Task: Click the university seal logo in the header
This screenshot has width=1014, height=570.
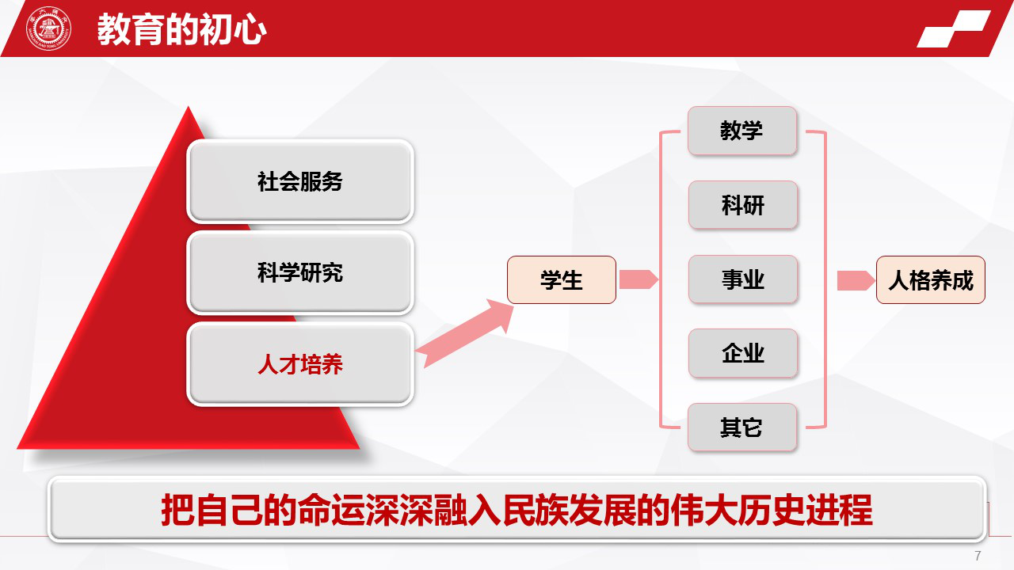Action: pos(48,28)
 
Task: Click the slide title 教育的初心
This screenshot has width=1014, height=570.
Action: pos(181,29)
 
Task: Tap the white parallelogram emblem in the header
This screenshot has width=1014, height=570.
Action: pos(953,29)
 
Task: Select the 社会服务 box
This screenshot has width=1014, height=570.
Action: pos(300,181)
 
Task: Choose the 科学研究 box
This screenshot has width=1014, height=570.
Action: pos(300,273)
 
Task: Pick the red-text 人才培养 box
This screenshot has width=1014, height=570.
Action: pos(300,364)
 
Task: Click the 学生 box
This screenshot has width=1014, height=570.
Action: pos(562,280)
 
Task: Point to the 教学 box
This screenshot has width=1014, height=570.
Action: pos(742,131)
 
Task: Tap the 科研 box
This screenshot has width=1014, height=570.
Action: pos(743,205)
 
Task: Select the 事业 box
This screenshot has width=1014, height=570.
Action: pos(743,279)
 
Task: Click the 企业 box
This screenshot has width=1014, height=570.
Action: pos(743,353)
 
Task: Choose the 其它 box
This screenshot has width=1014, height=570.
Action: pos(742,427)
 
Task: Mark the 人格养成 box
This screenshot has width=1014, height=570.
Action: pos(931,280)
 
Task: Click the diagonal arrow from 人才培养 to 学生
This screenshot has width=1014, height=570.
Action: pos(465,333)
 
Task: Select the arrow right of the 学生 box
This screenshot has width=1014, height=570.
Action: pos(639,279)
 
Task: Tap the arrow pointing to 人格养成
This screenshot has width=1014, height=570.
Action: pos(856,280)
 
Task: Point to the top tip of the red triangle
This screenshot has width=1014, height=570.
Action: pos(189,106)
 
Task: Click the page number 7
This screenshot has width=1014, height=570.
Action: pos(978,556)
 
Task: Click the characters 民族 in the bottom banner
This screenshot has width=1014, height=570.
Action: pos(535,511)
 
